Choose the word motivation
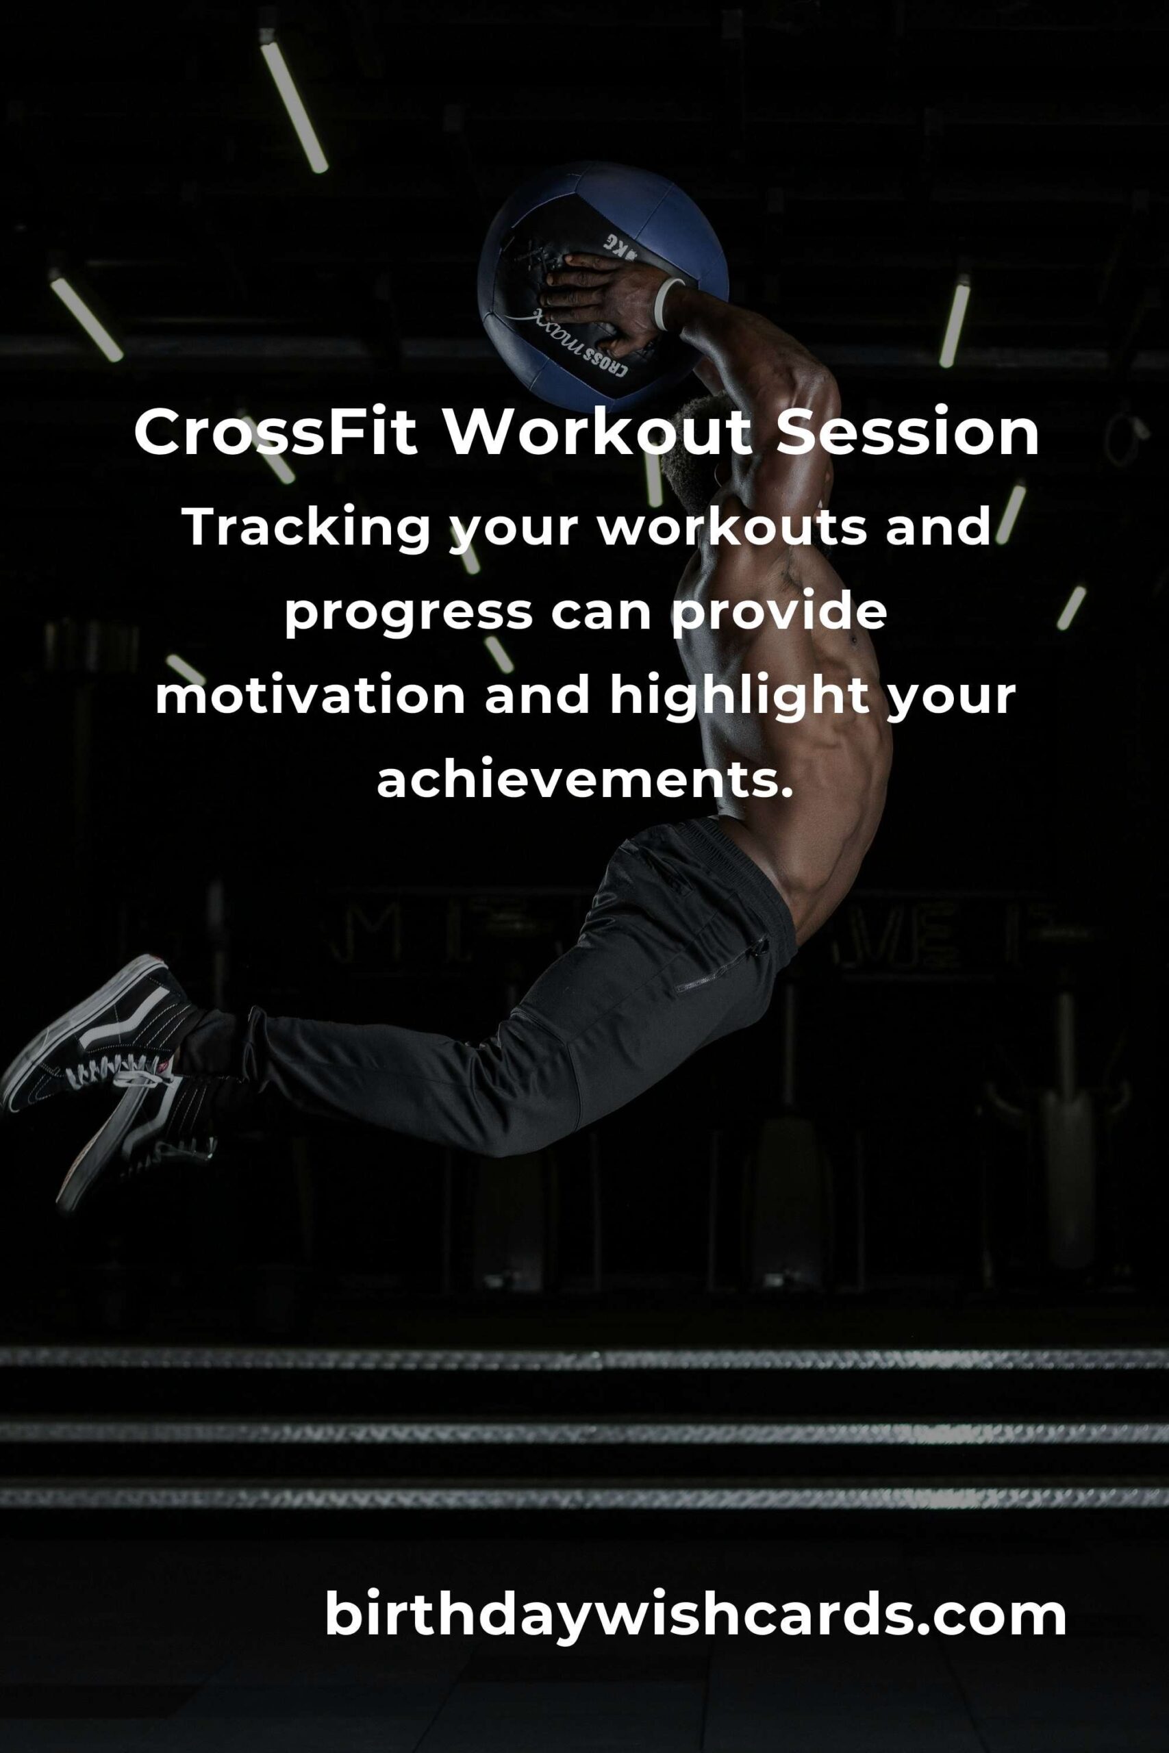click(x=310, y=696)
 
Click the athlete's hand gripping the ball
click(x=596, y=302)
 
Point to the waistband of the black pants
click(x=746, y=865)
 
